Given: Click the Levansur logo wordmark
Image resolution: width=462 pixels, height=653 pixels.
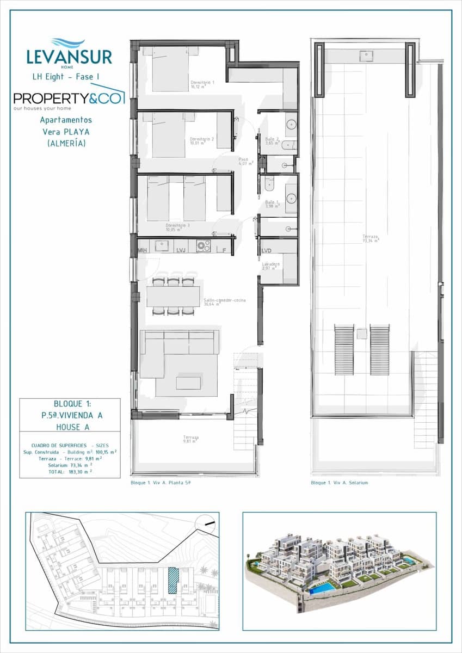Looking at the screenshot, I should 69,57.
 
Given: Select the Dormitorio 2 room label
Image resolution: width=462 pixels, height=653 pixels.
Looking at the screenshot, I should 202,141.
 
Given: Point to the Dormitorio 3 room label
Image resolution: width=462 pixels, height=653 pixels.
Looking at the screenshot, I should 178,226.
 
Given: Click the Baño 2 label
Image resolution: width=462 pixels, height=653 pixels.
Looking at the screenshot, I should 272,141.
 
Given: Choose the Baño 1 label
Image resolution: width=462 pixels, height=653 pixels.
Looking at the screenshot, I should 273,204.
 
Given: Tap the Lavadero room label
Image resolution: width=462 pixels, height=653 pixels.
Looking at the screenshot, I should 271,266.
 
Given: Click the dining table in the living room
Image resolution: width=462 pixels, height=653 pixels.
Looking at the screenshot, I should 173,297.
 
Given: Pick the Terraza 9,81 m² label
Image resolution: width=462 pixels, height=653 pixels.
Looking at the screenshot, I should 191,439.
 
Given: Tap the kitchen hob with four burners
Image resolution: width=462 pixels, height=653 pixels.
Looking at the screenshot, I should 204,246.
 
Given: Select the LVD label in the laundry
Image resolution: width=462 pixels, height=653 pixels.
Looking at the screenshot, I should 266,251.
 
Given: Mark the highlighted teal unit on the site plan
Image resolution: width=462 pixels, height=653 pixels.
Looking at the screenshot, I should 173,580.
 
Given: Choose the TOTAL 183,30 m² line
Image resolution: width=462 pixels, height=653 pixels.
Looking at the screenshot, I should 70,471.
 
